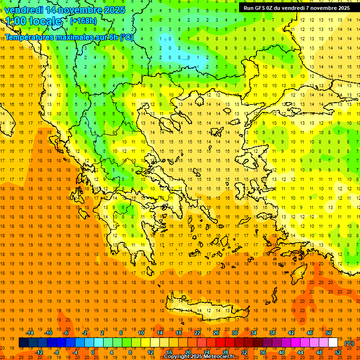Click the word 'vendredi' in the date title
point(24,10)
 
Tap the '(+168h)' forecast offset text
point(83,21)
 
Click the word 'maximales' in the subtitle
point(69,37)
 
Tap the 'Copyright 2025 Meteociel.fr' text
point(199,357)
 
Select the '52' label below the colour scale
point(338,352)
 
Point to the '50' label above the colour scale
point(329,333)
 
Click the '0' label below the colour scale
point(92,352)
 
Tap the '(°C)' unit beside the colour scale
point(349,343)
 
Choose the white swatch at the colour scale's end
point(333,343)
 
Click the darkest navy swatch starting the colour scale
point(23,343)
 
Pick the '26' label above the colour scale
point(216,333)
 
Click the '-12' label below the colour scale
point(39,352)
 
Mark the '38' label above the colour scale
point(272,333)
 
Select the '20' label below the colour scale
point(188,352)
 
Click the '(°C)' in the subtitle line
point(126,37)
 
